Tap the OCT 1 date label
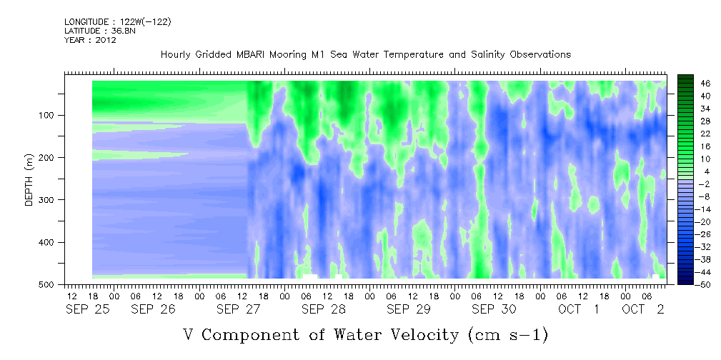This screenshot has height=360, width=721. pyautogui.click(x=579, y=309)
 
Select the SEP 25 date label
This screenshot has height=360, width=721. pyautogui.click(x=88, y=309)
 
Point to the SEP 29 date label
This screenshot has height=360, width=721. pyautogui.click(x=408, y=309)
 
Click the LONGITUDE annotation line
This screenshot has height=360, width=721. pyautogui.click(x=118, y=22)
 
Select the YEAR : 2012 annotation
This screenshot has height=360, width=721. pyautogui.click(x=90, y=40)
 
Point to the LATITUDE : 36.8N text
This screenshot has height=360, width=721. pyautogui.click(x=100, y=31)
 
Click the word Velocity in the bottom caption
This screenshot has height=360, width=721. pyautogui.click(x=420, y=334)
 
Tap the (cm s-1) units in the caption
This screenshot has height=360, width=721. pyautogui.click(x=507, y=335)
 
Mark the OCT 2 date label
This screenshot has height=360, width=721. pyautogui.click(x=643, y=309)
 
